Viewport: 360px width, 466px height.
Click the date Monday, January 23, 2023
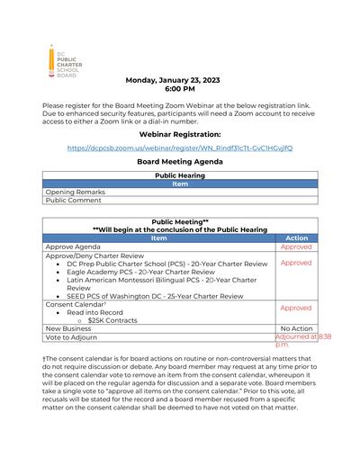coord(179,80)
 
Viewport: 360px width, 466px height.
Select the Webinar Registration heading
coord(179,133)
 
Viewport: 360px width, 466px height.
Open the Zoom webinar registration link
coord(179,148)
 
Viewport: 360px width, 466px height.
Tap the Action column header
coord(295,238)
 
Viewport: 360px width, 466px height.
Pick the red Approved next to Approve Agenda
coord(295,246)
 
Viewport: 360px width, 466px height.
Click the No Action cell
coord(295,328)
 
